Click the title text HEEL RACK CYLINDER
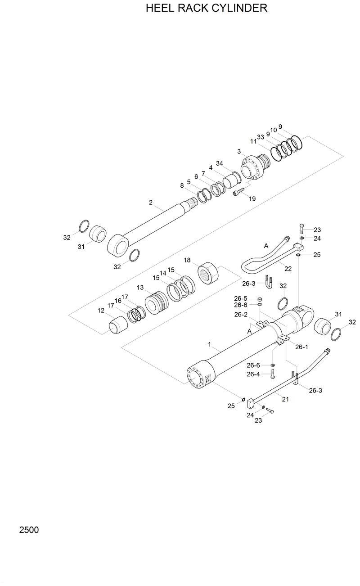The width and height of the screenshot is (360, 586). [x=207, y=9]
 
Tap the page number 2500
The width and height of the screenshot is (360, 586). [x=29, y=530]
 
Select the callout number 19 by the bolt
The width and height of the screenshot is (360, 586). [x=252, y=198]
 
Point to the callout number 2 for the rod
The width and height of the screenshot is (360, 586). [x=151, y=203]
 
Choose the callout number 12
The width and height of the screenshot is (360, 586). [x=101, y=310]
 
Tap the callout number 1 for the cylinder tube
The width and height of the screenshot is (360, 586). [x=209, y=344]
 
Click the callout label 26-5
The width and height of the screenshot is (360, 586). [x=241, y=298]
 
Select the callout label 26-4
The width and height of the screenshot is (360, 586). [x=253, y=374]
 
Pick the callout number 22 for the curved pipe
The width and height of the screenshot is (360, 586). [x=288, y=269]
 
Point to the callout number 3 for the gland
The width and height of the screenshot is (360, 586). [x=239, y=151]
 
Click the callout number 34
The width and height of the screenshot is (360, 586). [x=219, y=163]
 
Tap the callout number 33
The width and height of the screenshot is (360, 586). [x=260, y=137]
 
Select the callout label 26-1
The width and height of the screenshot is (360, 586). [x=301, y=347]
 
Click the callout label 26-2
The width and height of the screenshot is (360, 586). [x=241, y=315]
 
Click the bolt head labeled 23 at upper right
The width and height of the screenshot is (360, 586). [x=301, y=226]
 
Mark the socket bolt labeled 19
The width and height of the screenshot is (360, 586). [x=237, y=194]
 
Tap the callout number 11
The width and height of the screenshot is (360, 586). [x=253, y=141]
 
